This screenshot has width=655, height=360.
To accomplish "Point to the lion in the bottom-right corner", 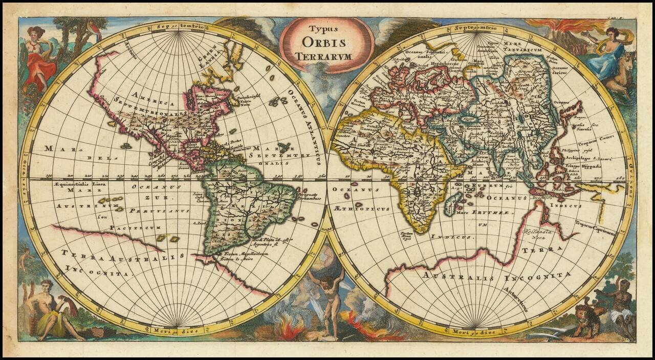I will [x=584, y=318].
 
